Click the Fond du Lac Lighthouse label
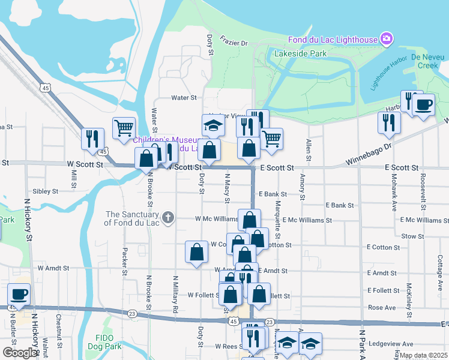point(331,40)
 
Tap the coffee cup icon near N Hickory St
point(19,295)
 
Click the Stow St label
point(412,236)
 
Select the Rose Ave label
point(382,307)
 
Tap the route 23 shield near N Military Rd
point(132,313)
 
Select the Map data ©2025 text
point(423,355)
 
